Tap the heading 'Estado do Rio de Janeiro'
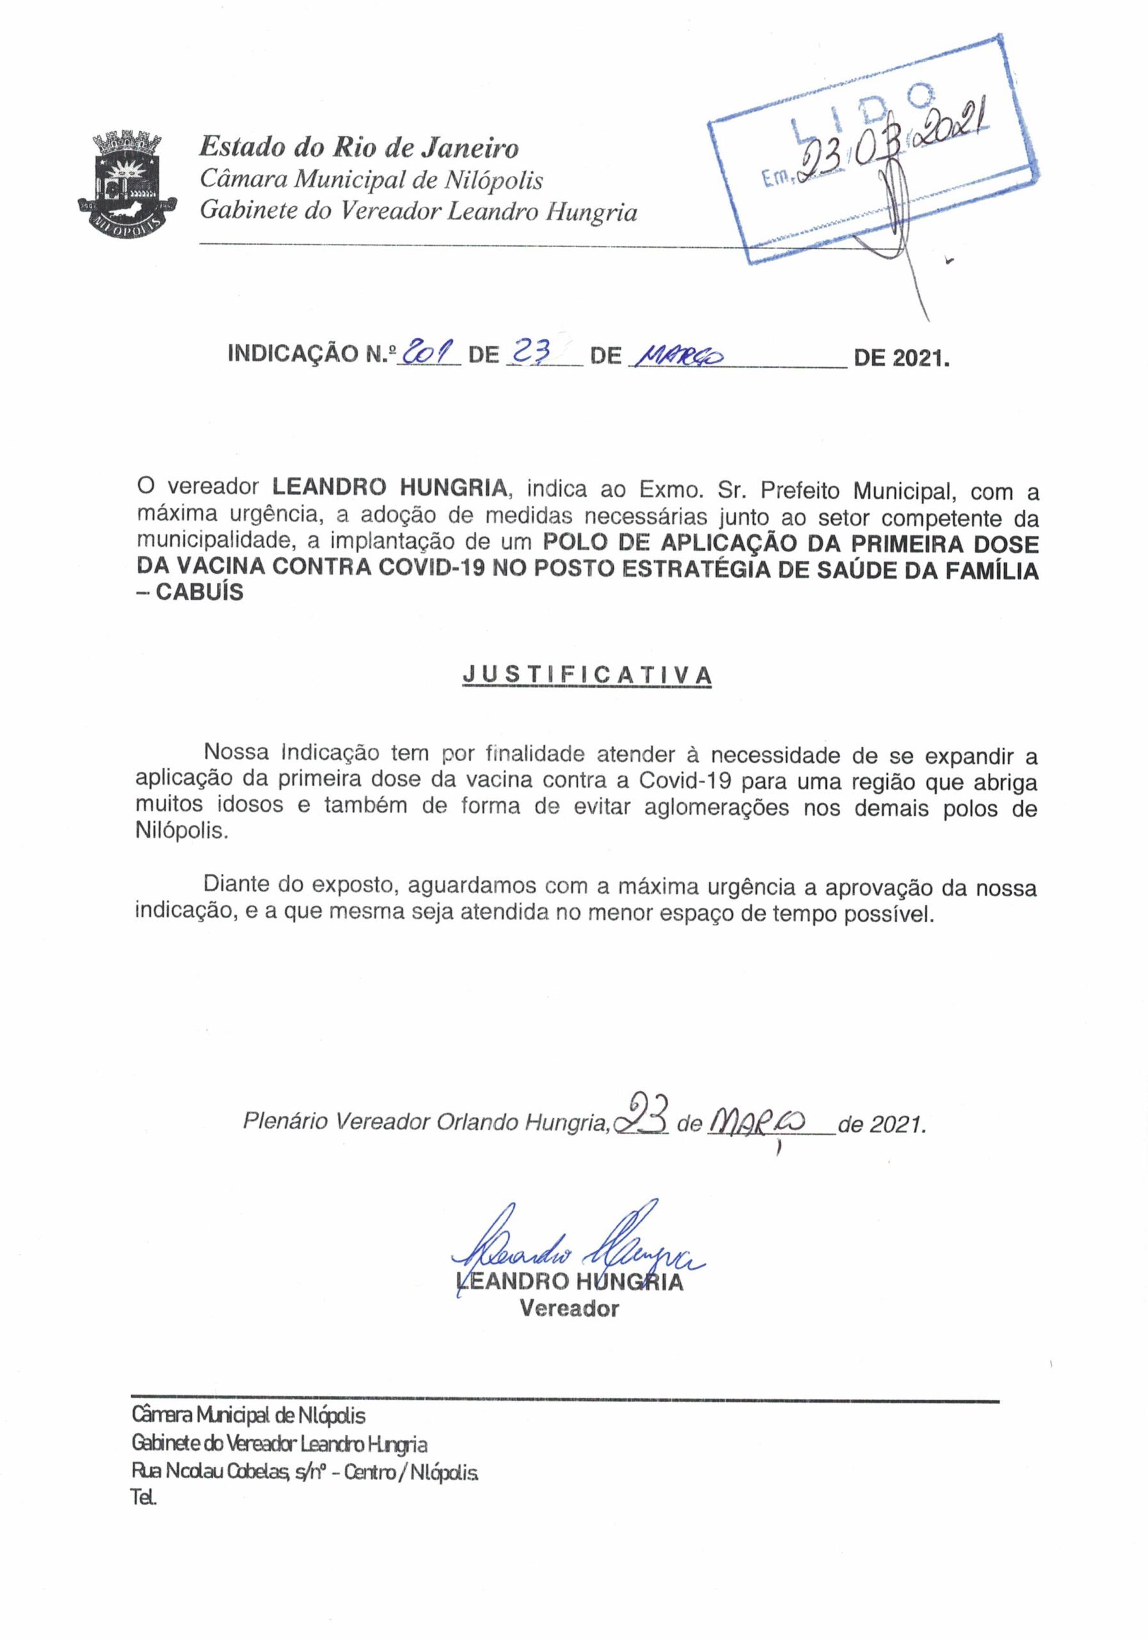(x=359, y=148)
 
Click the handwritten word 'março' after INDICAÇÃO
(x=678, y=355)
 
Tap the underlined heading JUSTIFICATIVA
(x=587, y=675)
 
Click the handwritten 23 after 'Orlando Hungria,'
(x=642, y=1122)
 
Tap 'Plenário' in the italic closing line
(x=285, y=1122)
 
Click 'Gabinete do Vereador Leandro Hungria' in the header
(x=418, y=212)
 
